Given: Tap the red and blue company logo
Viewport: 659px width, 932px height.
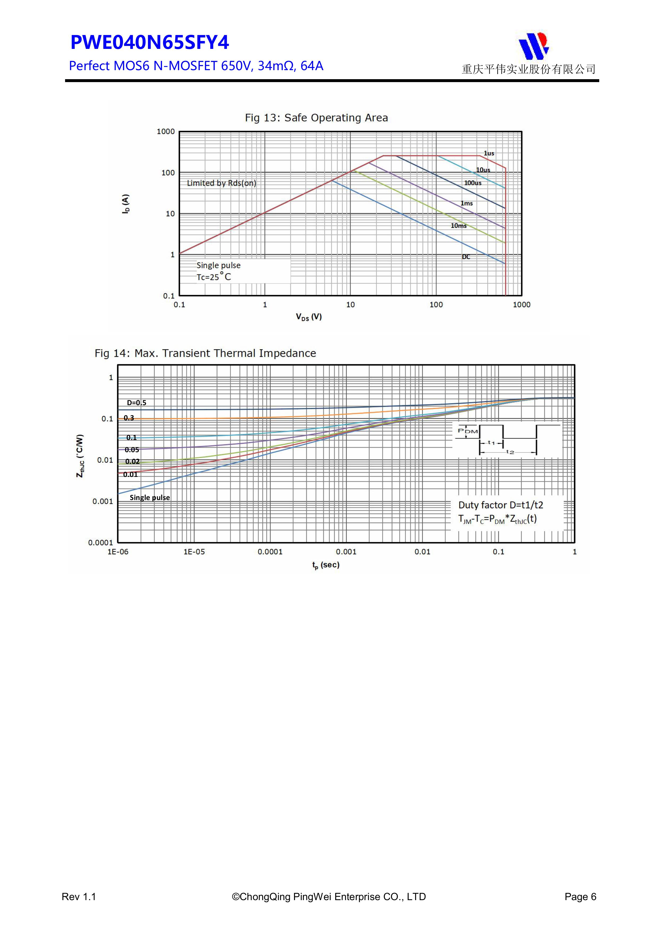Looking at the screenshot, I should point(534,46).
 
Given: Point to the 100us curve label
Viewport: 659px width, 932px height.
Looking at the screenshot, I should point(473,183).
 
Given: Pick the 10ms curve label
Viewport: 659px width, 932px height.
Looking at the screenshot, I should point(458,226).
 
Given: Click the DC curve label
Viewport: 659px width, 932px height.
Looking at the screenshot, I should point(466,257).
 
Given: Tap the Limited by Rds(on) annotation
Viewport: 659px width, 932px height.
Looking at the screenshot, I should point(222,183).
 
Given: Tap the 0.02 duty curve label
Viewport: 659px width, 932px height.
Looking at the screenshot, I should point(132,461).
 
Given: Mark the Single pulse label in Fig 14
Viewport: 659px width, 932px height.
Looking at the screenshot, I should point(150,498).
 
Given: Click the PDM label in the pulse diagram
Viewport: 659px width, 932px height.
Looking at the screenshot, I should point(468,431).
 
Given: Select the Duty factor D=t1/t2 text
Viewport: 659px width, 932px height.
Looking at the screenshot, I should point(500,505).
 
